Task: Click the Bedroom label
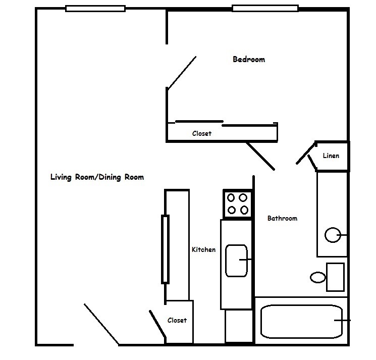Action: tap(248, 60)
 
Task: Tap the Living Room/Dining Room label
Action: tap(97, 177)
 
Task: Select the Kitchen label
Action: tap(203, 249)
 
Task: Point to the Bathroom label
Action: tap(282, 219)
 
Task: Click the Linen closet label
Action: tap(331, 156)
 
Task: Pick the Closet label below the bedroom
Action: tap(201, 134)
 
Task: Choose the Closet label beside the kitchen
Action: tap(177, 320)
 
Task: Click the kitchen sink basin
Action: tap(236, 260)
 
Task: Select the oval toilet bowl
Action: tap(318, 277)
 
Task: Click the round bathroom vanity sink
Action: tap(332, 235)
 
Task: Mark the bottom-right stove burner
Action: tap(244, 210)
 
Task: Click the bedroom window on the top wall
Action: tap(265, 8)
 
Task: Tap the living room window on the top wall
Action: tap(95, 8)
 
